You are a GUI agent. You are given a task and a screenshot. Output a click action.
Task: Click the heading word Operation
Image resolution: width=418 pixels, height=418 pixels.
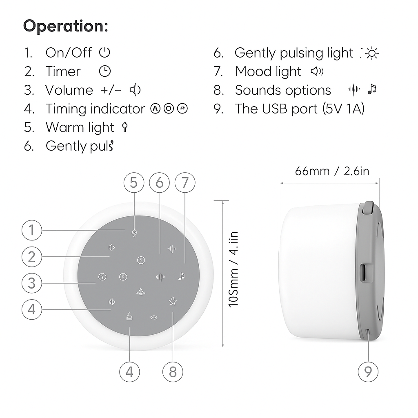pos(65,26)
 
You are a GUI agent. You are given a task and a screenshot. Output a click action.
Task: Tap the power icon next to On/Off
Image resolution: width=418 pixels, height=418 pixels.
pos(105,53)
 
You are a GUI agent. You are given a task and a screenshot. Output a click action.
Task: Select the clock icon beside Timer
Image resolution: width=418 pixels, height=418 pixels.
pos(105,71)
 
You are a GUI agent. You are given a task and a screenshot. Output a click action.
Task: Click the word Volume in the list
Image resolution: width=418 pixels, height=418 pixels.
pos(69,90)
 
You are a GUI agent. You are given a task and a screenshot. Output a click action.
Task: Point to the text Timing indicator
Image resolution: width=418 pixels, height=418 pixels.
pos(95,109)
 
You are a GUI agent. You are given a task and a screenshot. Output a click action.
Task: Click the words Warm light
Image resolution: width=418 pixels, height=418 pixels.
pos(80,127)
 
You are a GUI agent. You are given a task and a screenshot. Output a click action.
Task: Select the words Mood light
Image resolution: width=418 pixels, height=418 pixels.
pos(268,71)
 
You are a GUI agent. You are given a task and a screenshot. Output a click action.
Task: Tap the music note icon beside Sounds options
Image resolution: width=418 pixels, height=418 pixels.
pos(371,89)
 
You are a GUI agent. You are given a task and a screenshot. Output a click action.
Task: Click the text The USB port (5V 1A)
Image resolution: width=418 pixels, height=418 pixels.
pos(299,109)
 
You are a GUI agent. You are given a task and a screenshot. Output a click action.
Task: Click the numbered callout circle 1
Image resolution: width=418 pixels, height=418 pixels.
pos(31,230)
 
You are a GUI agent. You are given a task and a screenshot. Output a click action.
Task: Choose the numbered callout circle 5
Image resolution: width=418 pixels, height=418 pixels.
pos(134,183)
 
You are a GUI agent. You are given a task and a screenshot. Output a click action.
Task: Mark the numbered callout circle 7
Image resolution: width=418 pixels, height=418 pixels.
pos(185,183)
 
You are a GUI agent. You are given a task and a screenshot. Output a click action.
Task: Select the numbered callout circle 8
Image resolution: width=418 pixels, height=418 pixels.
pos(173,371)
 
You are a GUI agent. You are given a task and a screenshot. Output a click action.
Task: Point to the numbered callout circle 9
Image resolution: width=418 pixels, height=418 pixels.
pos(368,371)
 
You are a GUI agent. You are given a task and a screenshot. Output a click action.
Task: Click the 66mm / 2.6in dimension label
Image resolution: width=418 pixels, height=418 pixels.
pos(332,171)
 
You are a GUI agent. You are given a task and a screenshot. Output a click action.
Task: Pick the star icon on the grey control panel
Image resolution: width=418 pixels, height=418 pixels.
pos(173,302)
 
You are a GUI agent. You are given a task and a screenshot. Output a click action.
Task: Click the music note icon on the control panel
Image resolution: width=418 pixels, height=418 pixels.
pos(181,276)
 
